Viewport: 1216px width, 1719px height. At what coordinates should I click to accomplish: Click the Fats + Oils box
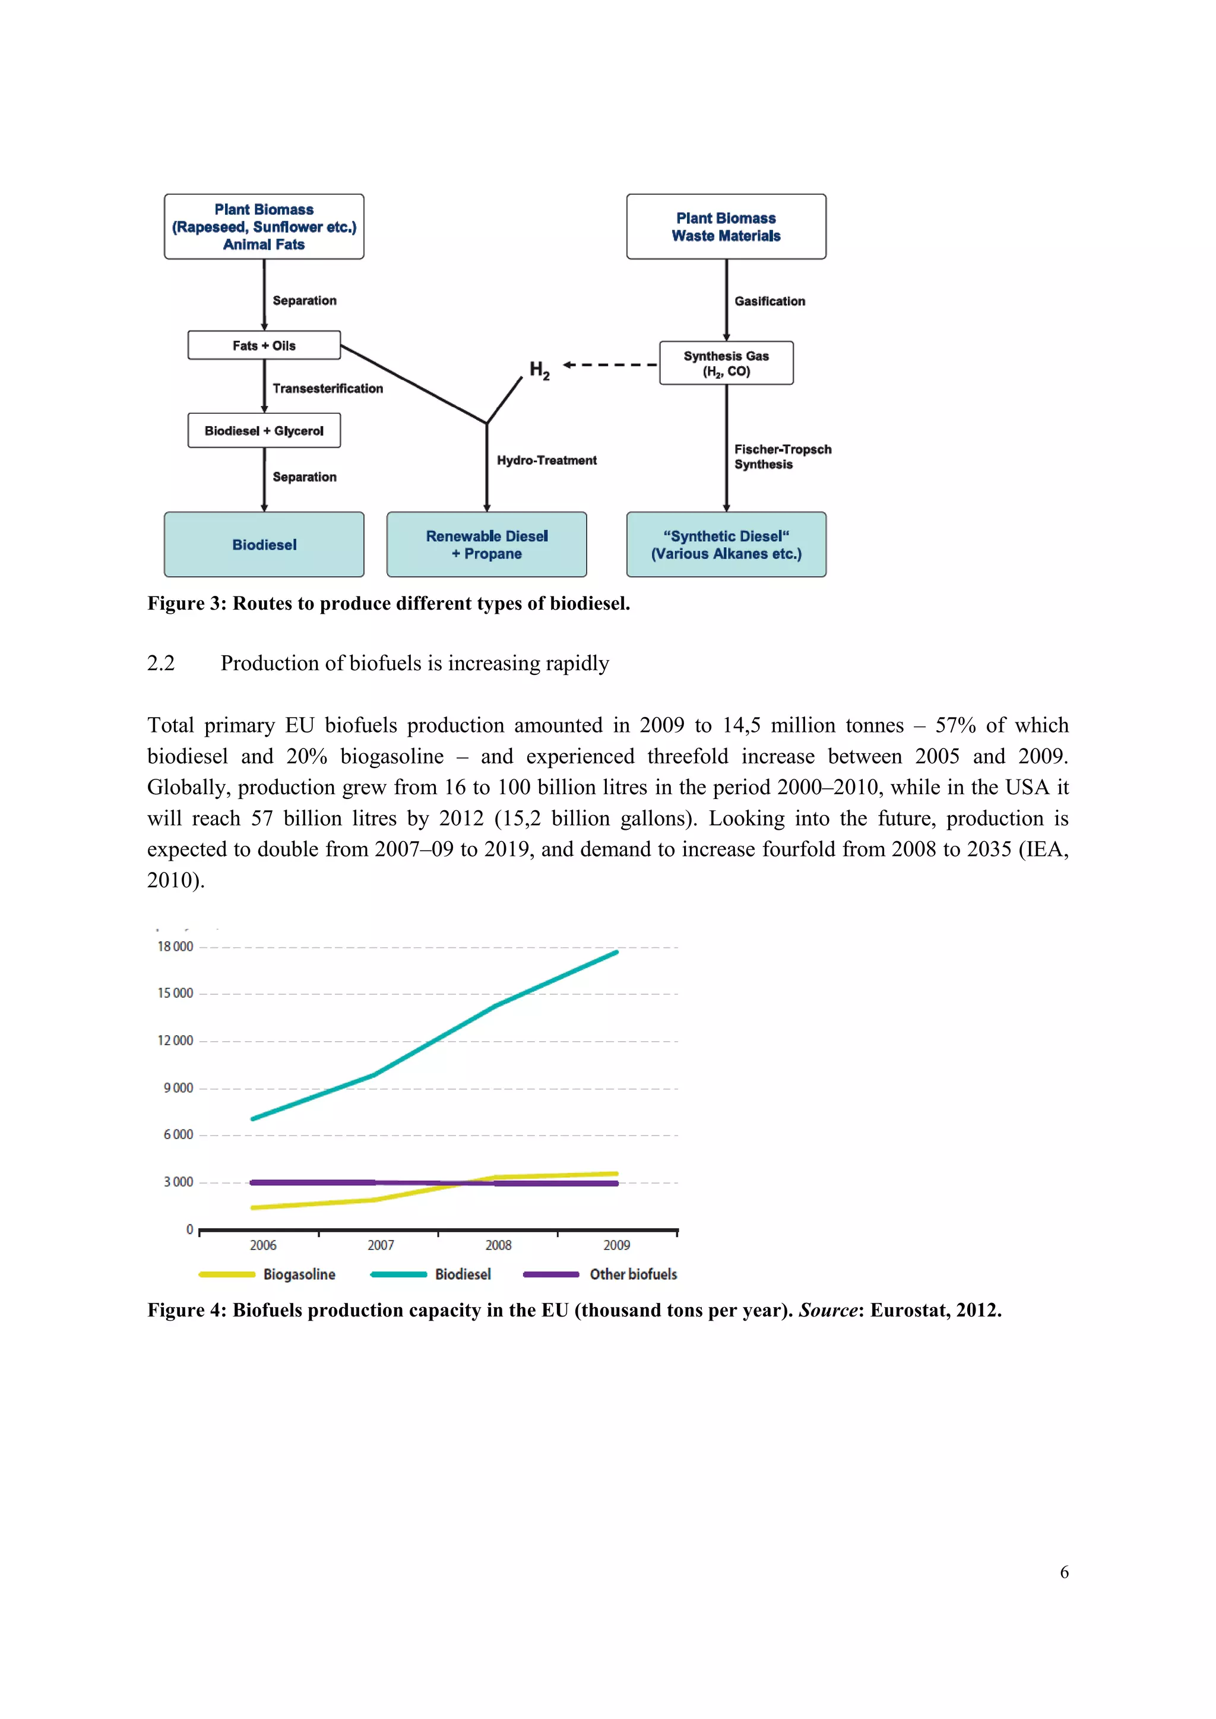point(264,345)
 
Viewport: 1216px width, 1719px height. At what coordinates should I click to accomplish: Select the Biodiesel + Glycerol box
point(264,430)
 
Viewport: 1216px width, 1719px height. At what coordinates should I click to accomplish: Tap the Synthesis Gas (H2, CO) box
point(726,363)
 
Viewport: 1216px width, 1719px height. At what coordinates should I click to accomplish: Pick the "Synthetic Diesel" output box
point(726,544)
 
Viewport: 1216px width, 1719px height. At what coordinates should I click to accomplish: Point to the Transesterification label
point(327,388)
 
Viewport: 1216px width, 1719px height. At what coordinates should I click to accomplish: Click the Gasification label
point(769,301)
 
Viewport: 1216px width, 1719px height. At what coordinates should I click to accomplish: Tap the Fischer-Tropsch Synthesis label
point(782,456)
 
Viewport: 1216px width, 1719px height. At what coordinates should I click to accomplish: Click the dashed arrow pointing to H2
point(610,364)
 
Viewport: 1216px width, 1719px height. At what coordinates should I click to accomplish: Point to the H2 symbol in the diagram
point(539,369)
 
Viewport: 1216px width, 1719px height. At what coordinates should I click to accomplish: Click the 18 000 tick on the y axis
point(175,946)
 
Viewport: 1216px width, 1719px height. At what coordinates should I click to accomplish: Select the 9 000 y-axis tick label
point(178,1088)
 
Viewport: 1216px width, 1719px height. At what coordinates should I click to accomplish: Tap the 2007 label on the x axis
point(381,1245)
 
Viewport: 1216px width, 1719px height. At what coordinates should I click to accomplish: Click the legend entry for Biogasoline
point(298,1274)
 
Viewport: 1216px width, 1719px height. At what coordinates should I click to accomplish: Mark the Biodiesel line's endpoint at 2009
point(616,952)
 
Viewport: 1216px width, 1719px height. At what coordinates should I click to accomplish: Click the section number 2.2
point(161,664)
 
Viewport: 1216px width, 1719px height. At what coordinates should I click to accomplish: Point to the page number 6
point(1064,1572)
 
